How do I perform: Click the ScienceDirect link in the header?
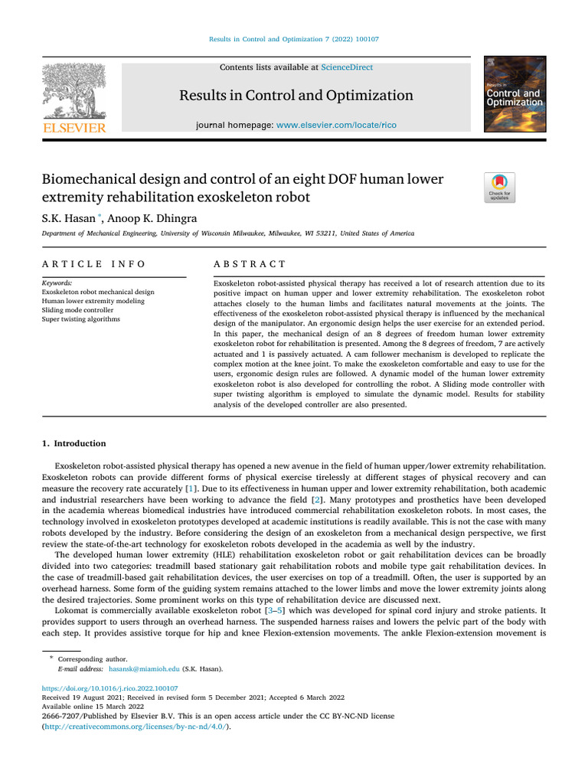point(347,67)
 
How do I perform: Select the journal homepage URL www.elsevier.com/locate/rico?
point(336,125)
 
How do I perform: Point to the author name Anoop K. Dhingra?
point(152,218)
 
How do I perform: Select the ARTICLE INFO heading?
point(93,264)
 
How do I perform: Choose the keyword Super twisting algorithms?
point(80,319)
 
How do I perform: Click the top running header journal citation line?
point(294,39)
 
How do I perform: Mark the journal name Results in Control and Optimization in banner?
point(296,96)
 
